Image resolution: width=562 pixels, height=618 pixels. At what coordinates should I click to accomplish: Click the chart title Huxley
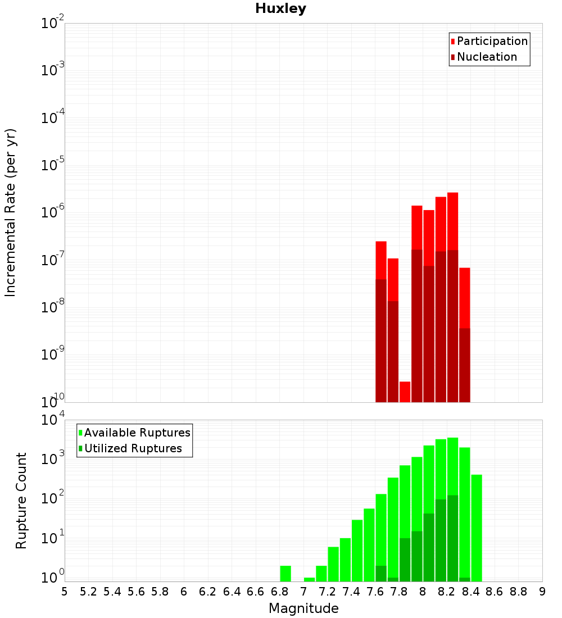280,8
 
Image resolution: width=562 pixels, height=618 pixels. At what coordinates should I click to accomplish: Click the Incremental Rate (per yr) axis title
11,213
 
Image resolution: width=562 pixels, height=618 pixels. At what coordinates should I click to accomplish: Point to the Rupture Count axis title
21,501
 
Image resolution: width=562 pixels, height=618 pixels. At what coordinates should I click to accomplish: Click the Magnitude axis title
303,608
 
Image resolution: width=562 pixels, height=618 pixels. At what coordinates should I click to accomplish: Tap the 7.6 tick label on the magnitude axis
375,591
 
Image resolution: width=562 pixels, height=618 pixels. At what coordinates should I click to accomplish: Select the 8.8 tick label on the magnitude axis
518,591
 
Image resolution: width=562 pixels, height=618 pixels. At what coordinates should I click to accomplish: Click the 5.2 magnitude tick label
88,591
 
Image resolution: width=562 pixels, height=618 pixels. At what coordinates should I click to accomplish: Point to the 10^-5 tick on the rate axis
52,165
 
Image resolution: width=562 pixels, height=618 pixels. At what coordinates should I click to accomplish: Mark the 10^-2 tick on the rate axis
52,24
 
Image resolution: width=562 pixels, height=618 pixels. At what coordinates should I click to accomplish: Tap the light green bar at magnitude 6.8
285,574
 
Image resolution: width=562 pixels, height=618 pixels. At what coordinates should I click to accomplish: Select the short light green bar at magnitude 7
309,579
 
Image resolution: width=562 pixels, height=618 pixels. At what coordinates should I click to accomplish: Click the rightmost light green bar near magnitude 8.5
477,528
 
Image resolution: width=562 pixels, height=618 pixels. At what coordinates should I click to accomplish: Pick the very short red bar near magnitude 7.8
405,392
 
